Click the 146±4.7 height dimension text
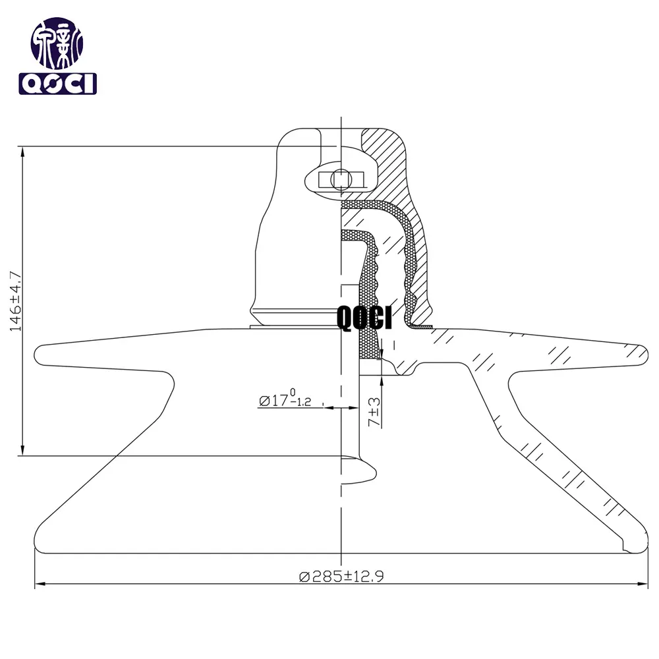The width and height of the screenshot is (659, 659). click(15, 301)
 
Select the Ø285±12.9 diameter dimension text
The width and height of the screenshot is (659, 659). click(341, 576)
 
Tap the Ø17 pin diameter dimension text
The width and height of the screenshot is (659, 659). click(285, 399)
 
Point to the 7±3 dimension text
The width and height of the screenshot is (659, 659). click(374, 412)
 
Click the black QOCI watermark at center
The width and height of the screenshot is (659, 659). click(364, 318)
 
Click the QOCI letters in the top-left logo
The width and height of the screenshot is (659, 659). click(57, 84)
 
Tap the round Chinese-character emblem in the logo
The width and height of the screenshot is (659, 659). click(57, 43)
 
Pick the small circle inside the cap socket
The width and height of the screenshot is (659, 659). click(341, 180)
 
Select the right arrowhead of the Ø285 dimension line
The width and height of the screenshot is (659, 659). click(643, 584)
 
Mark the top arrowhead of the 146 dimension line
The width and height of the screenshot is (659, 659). click(22, 152)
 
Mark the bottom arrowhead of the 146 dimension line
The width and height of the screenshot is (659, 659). click(22, 450)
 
